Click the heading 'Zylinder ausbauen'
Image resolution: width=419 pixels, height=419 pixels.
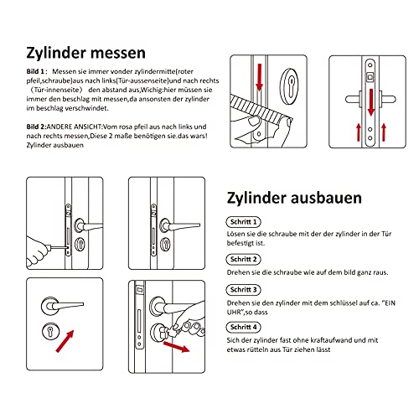click(294, 198)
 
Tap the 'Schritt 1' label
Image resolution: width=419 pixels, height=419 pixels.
click(243, 222)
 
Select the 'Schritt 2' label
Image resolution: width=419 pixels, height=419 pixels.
click(243, 259)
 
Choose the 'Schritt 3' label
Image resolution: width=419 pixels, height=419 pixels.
click(243, 289)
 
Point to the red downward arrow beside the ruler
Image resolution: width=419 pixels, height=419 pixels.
click(260, 77)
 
